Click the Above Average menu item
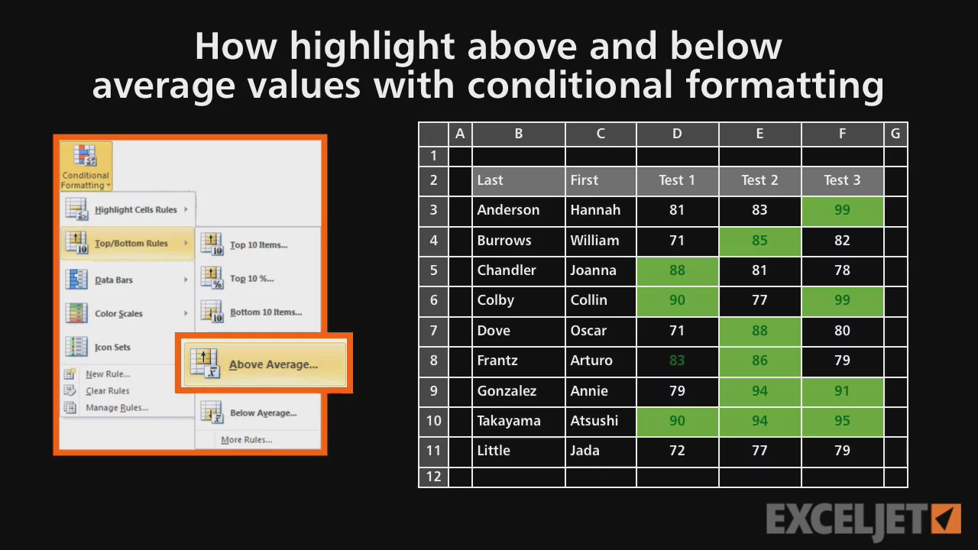click(x=264, y=364)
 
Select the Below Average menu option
click(x=258, y=412)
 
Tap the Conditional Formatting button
click(x=86, y=167)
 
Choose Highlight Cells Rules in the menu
click(x=128, y=209)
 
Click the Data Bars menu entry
click(x=128, y=280)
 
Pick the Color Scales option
click(x=128, y=313)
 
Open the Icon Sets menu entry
click(x=118, y=347)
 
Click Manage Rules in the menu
click(x=108, y=407)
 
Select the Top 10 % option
click(x=258, y=279)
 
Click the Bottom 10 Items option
click(x=258, y=312)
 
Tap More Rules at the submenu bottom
click(x=247, y=439)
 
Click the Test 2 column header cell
click(x=759, y=180)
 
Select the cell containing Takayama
click(x=519, y=421)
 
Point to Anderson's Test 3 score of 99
click(x=842, y=210)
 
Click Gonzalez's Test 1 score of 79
click(x=677, y=390)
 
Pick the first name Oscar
click(x=601, y=331)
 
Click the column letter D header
click(x=677, y=134)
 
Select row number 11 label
click(x=433, y=451)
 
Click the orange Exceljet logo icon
click(x=946, y=519)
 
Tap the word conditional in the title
click(x=570, y=85)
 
